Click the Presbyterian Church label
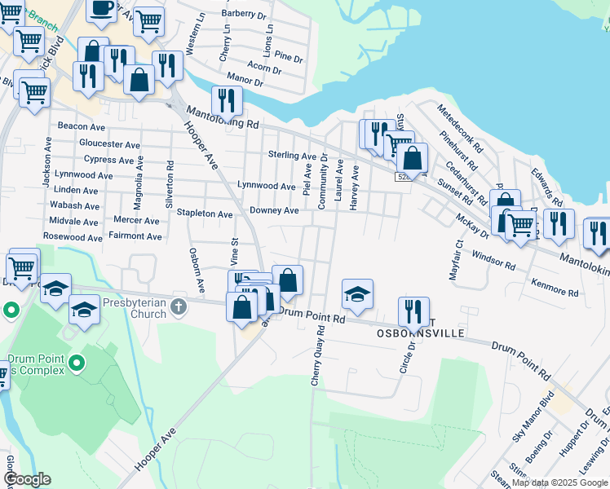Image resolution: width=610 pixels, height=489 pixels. (x=136, y=306)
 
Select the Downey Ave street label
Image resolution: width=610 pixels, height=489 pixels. (x=273, y=210)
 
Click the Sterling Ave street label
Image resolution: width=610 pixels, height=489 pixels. (x=292, y=155)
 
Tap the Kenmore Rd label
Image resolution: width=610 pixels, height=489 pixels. (x=554, y=287)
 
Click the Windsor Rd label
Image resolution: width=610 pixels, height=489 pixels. (x=493, y=262)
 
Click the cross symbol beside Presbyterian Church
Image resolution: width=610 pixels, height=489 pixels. (x=180, y=307)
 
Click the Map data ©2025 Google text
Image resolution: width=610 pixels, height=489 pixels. (x=559, y=482)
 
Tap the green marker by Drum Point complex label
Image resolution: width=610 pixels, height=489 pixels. (x=77, y=363)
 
